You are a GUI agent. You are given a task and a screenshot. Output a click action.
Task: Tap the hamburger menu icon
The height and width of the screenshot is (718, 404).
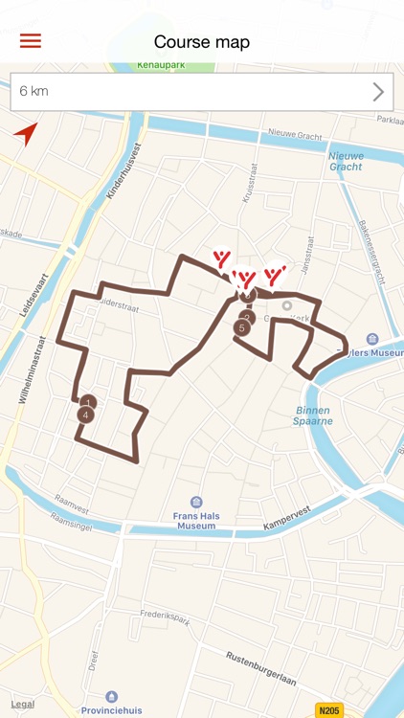pos(31,41)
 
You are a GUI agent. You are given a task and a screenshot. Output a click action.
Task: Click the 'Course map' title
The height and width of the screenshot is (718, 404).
pos(202,41)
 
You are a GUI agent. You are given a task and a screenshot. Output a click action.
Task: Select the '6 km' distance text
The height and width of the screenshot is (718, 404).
pos(34,92)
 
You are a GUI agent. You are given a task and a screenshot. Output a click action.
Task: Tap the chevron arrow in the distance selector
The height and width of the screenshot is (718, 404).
pos(378,92)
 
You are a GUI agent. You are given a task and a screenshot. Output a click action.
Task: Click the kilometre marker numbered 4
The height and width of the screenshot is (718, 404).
pos(86,415)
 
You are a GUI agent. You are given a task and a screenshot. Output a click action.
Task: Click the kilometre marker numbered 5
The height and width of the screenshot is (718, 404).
pos(241,328)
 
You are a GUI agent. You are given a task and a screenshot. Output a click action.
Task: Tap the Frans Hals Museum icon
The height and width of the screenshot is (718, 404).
pos(196,503)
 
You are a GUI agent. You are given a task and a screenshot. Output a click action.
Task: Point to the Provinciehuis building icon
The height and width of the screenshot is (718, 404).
pos(112,697)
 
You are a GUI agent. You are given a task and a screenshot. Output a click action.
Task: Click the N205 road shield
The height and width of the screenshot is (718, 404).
pos(328,709)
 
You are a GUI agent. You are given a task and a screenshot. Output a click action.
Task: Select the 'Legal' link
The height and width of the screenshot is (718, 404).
pos(23,704)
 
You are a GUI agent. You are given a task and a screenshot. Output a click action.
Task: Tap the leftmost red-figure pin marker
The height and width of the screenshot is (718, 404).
pos(222,259)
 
